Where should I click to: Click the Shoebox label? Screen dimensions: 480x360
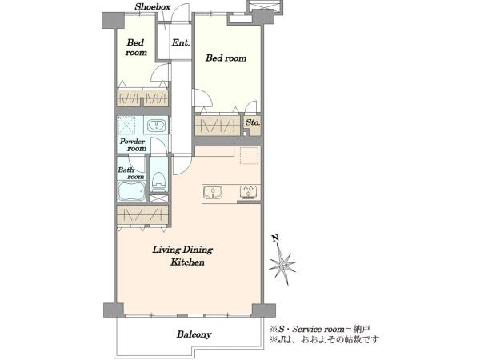click(153, 6)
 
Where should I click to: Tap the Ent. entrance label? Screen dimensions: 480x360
click(181, 42)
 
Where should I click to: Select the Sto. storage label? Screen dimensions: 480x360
click(253, 122)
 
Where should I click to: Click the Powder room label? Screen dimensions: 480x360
click(133, 145)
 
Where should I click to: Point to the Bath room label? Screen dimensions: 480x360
click(131, 174)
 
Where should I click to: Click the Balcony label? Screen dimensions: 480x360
click(194, 334)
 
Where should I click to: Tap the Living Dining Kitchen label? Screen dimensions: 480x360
click(182, 256)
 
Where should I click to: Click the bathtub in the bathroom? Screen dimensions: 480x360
click(131, 191)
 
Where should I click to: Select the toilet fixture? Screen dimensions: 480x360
click(158, 182)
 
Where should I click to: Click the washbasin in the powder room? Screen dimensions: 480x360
click(156, 126)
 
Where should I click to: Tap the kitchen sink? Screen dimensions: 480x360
click(213, 193)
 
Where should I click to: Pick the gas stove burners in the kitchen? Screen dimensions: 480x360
click(249, 192)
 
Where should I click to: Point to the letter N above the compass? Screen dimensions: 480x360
click(275, 238)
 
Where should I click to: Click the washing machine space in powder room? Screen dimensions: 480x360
click(126, 126)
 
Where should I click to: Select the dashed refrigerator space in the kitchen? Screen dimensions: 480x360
click(249, 155)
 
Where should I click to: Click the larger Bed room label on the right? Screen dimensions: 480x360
click(226, 58)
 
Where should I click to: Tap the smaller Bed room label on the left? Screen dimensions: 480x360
click(136, 47)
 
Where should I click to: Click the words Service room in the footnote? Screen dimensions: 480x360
click(318, 330)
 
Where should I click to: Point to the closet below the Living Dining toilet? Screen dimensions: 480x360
click(142, 214)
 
